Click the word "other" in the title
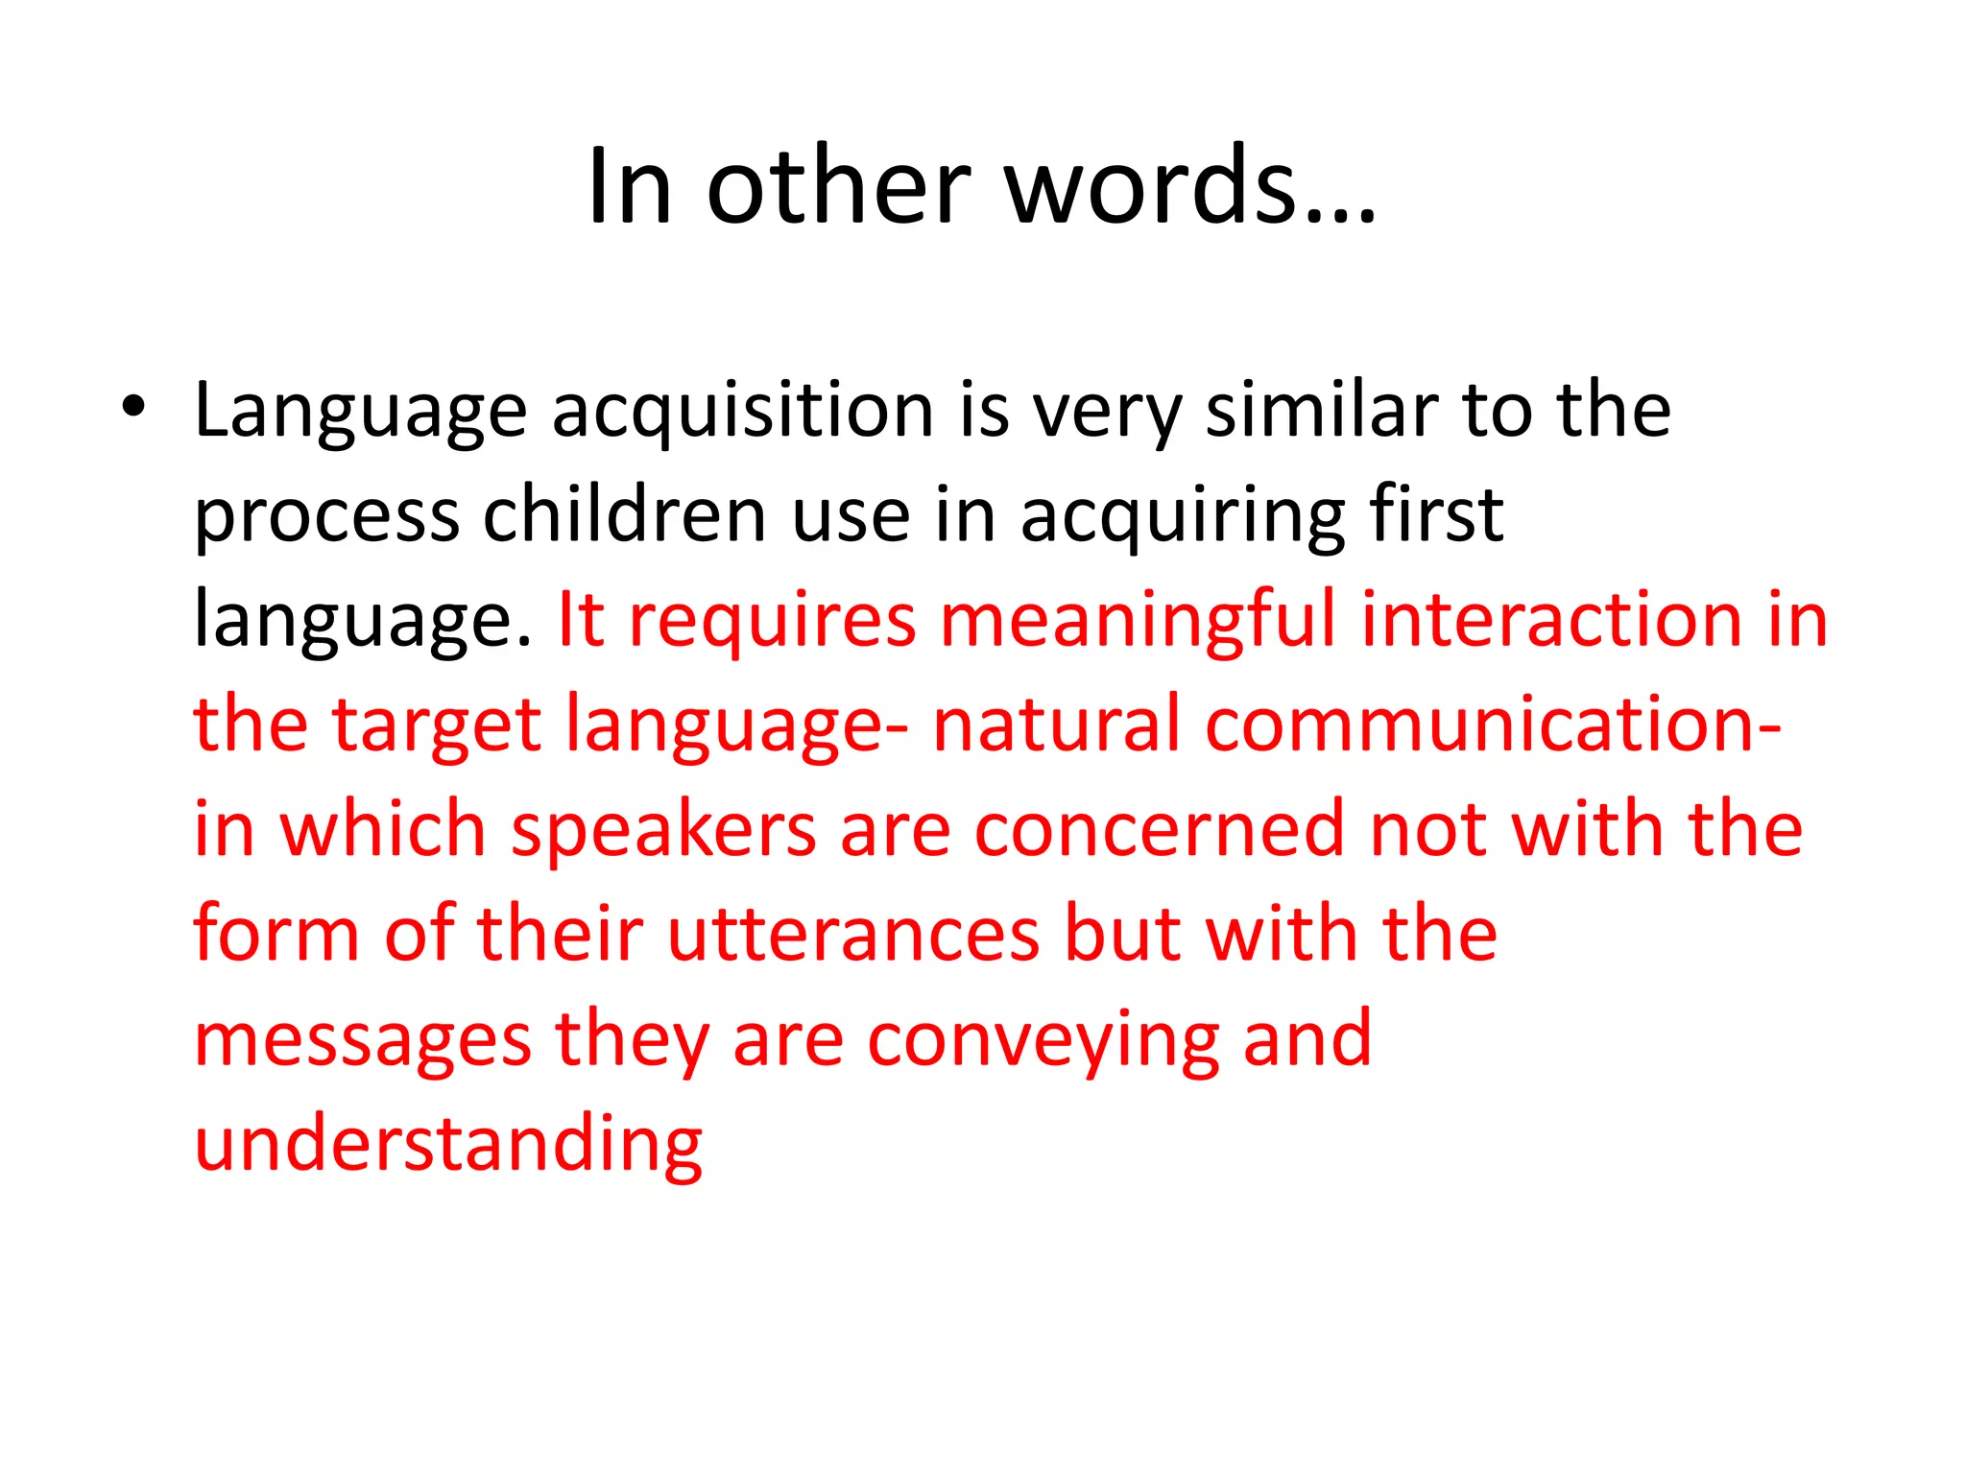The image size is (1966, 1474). click(x=838, y=186)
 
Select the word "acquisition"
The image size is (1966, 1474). click(x=743, y=411)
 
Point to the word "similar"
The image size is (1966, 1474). click(x=1321, y=411)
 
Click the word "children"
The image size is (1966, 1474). click(x=624, y=515)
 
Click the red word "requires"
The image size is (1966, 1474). click(x=773, y=621)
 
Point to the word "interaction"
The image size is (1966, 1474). click(x=1551, y=621)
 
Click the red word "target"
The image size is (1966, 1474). click(x=437, y=725)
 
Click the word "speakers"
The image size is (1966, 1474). click(x=663, y=831)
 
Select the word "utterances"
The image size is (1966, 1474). click(x=853, y=935)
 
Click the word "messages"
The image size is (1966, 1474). click(x=363, y=1040)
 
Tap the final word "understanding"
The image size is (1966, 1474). click(x=448, y=1146)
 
